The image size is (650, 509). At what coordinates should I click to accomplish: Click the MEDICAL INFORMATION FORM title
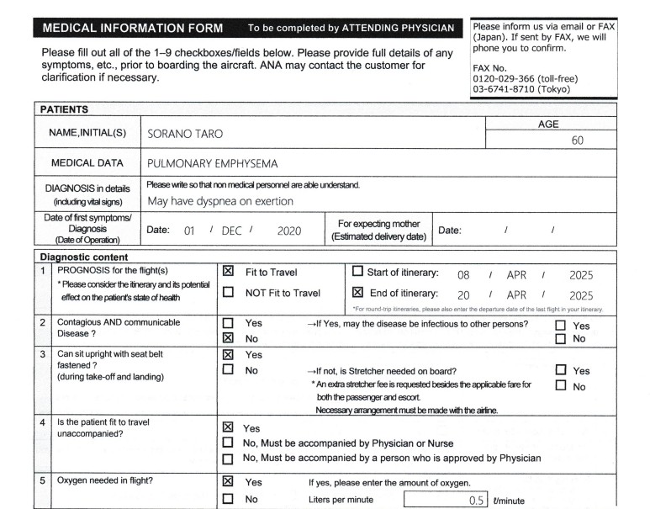click(x=132, y=29)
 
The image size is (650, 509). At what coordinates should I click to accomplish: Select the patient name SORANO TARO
click(x=185, y=134)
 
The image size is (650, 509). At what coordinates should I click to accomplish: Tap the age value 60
click(x=577, y=141)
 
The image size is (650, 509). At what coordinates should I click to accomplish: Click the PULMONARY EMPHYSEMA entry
click(x=212, y=163)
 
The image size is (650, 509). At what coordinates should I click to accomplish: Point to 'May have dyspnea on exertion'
click(x=220, y=201)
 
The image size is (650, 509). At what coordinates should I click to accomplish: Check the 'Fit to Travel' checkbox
click(x=228, y=273)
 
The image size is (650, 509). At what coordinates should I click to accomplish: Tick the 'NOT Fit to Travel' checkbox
click(x=228, y=293)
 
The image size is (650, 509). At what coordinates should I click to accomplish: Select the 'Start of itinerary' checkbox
click(x=357, y=273)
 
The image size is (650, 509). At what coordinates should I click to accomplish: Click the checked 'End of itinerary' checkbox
click(x=357, y=293)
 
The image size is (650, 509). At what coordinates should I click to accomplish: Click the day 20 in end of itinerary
click(x=462, y=295)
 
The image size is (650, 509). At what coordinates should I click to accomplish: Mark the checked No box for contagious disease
click(x=228, y=338)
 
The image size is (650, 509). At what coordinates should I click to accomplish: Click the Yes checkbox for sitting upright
click(x=228, y=354)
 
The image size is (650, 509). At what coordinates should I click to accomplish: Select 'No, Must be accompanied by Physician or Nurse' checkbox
click(x=228, y=443)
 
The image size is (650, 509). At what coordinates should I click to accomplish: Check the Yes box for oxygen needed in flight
click(x=228, y=482)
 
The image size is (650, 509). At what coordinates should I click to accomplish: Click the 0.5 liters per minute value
click(x=477, y=500)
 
